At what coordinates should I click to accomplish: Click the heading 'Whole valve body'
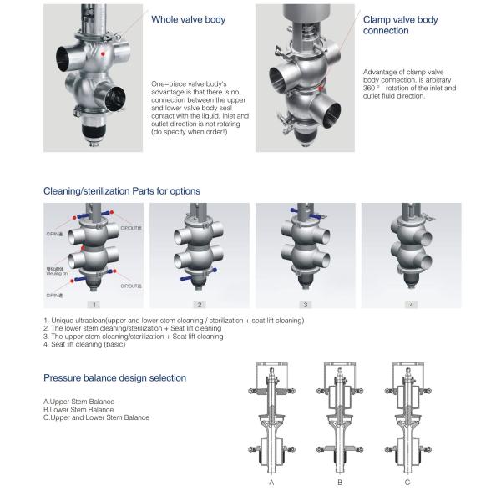pos(188,18)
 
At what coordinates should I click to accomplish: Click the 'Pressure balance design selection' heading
pos(114,378)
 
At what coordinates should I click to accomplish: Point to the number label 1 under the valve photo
pos(95,305)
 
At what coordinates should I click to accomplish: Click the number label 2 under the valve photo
pos(200,305)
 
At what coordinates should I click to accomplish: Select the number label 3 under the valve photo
pos(306,305)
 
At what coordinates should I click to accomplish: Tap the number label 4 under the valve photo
pos(412,305)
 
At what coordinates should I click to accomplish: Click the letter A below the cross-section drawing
pos(271,483)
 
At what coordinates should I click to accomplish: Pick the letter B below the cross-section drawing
pos(340,483)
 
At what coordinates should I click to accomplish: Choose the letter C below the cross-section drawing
pos(407,483)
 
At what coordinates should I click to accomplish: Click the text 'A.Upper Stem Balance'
pos(79,402)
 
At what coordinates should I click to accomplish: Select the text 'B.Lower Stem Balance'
pos(78,410)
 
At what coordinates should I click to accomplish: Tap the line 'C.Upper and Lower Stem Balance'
pos(96,417)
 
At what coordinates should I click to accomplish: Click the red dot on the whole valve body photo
pos(101,52)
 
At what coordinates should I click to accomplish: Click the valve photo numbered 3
pos(306,250)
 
